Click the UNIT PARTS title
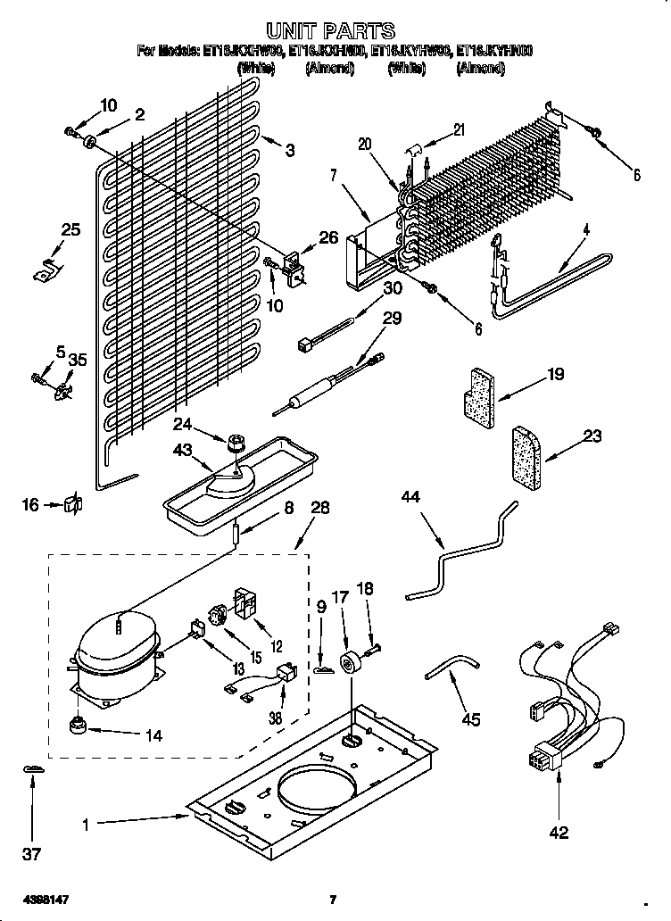[330, 33]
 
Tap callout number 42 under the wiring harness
[559, 834]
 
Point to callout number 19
[555, 374]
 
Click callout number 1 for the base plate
[87, 826]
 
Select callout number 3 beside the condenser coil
[289, 151]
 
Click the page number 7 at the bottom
[332, 900]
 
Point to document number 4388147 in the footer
[32, 899]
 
